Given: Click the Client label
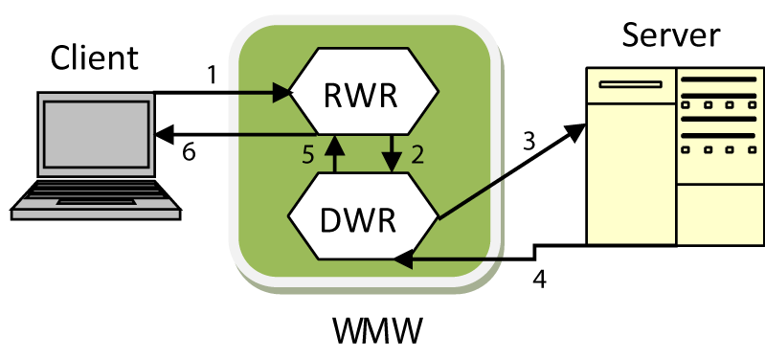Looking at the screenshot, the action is [94, 57].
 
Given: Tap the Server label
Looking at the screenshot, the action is [671, 34].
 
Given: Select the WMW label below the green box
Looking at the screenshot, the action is [377, 330].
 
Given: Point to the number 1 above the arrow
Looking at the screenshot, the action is [212, 75].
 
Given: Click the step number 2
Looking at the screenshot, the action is [417, 154].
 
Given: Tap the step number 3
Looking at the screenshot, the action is [529, 141].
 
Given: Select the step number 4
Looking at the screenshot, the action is [539, 280].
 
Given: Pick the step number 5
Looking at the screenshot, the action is [308, 156].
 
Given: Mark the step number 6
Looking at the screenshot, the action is [189, 152].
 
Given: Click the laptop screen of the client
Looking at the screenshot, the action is [97, 134].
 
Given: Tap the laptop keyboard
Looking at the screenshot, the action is [96, 195].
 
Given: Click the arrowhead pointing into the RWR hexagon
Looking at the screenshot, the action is [280, 92].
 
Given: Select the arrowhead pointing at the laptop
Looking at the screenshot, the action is [164, 134].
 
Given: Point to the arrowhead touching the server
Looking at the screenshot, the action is [575, 132].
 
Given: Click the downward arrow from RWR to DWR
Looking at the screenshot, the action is [392, 153].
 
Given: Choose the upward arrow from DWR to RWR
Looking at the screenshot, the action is [334, 153].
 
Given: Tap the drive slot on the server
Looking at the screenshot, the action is [630, 84].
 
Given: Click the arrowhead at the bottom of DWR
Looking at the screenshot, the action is [404, 259].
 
